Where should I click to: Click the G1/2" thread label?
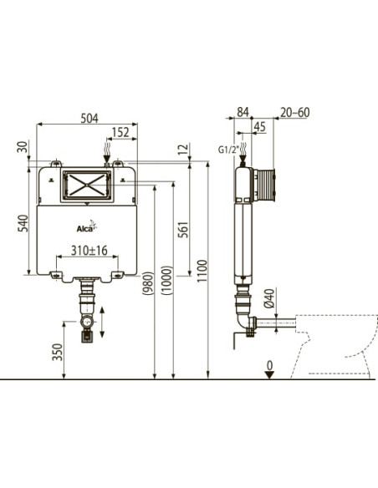click(x=228, y=150)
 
